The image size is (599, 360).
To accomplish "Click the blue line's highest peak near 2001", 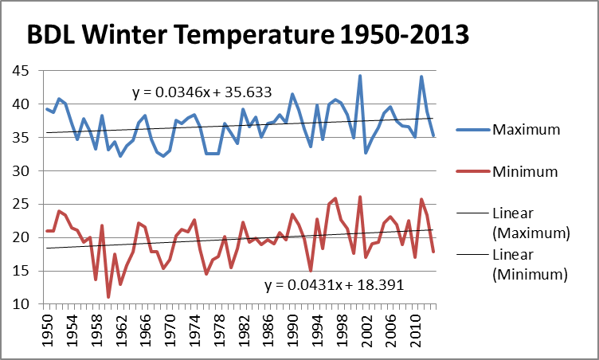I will point(360,76).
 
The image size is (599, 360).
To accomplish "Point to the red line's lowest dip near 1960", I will point(108,297).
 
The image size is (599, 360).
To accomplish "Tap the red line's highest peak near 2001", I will point(360,197).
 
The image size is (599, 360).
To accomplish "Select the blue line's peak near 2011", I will point(421,76).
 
